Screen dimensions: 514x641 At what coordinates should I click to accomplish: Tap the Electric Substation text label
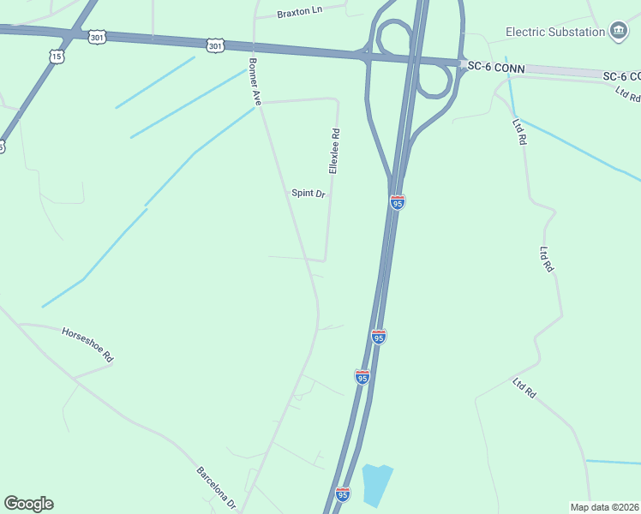(554, 32)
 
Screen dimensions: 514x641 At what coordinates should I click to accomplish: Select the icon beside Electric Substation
(618, 32)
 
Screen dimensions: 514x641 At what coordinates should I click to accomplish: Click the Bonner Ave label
(255, 81)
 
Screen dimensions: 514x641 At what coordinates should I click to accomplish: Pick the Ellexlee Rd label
(335, 151)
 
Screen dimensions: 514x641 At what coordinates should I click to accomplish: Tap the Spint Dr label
(309, 194)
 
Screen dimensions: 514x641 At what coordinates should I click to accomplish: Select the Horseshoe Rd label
(87, 344)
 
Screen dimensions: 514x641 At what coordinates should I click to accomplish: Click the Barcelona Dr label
(216, 488)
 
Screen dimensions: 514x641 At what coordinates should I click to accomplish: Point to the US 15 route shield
(57, 56)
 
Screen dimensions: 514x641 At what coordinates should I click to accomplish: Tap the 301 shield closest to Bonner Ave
(214, 45)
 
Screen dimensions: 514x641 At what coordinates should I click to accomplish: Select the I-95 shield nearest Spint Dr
(397, 202)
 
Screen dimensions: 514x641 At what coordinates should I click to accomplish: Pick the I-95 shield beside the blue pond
(343, 494)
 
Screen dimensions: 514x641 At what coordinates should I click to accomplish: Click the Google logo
(28, 504)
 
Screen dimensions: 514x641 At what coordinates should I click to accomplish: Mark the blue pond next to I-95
(375, 484)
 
